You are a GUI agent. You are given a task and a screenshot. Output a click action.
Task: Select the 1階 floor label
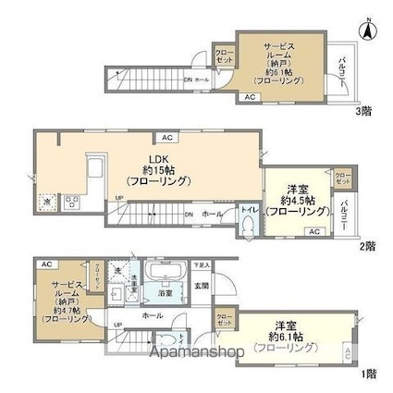[x=368, y=374]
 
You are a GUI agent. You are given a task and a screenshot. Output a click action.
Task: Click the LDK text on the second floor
[x=150, y=154]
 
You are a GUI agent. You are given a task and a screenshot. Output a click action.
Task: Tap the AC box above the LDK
[x=167, y=138]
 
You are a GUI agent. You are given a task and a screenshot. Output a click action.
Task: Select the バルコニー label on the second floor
[x=343, y=214]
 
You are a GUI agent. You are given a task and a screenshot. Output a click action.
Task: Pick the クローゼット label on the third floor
[x=223, y=56]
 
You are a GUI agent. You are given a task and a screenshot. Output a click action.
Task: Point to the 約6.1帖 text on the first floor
[x=291, y=338]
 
